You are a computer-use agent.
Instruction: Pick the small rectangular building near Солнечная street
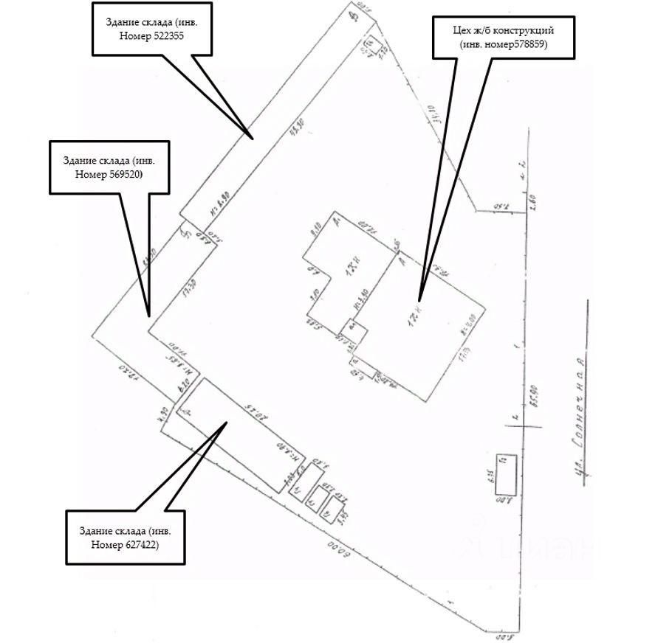coord(506,474)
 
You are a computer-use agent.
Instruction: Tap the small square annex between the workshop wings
coord(354,330)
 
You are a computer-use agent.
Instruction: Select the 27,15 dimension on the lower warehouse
coord(255,411)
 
